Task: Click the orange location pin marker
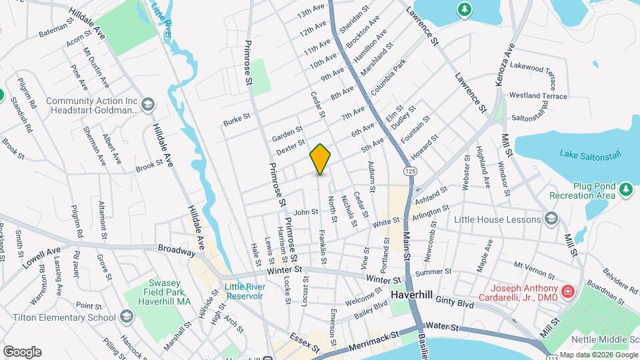(x=321, y=159)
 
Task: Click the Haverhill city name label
(x=412, y=294)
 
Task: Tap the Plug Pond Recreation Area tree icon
(x=625, y=189)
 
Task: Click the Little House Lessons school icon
(x=551, y=219)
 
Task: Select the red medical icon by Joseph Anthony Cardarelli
(x=567, y=291)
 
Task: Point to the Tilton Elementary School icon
(x=127, y=317)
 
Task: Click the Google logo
(x=22, y=352)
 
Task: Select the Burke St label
(x=236, y=120)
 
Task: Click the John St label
(x=305, y=212)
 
